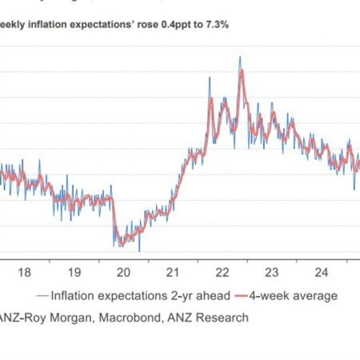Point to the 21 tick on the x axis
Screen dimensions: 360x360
pos(174,270)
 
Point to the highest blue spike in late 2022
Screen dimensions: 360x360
pos(239,57)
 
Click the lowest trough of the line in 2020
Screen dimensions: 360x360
pos(139,250)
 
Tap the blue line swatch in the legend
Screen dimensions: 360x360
pos(39,295)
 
